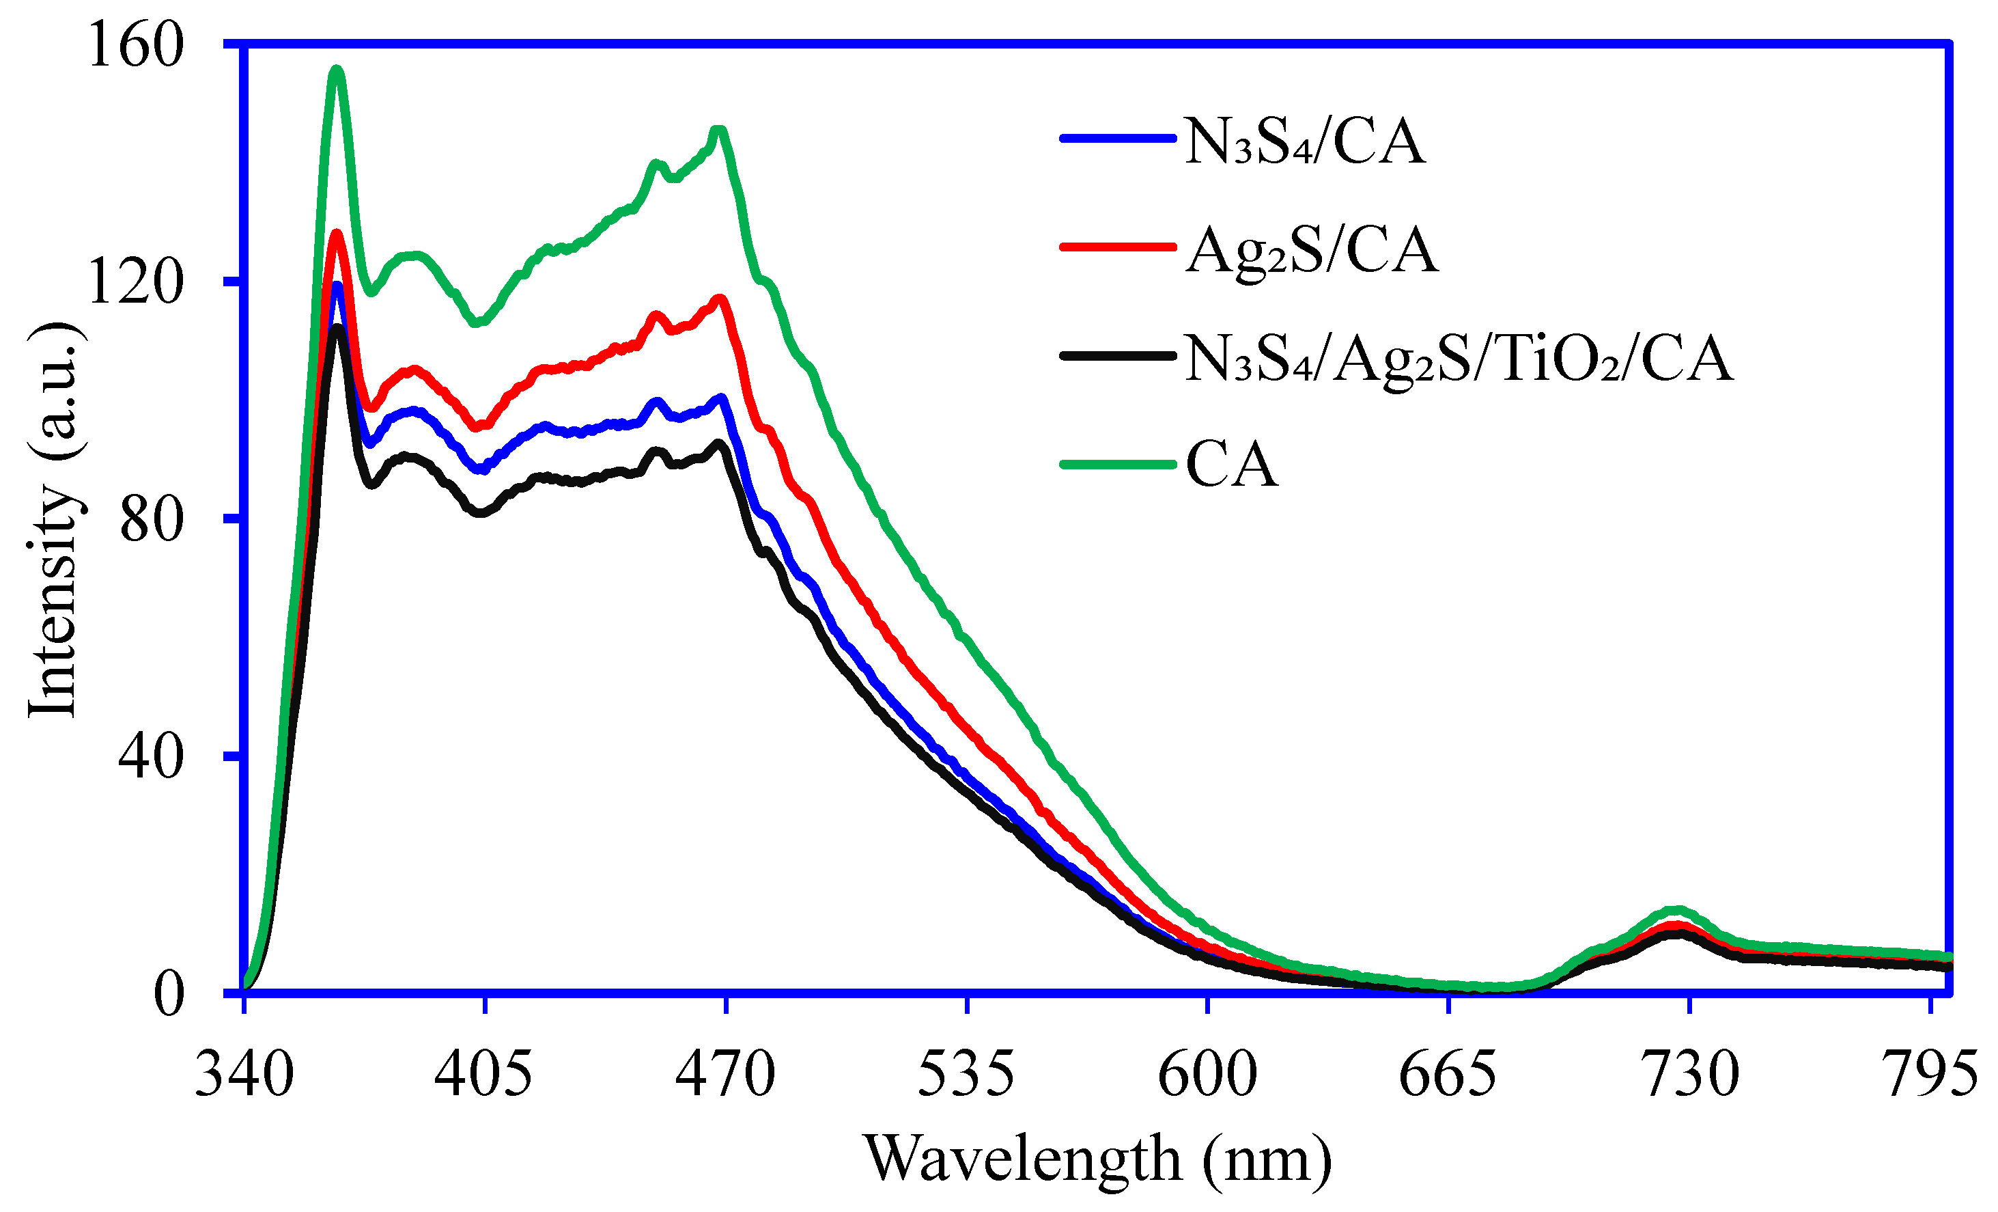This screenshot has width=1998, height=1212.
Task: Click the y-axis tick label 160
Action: click(137, 45)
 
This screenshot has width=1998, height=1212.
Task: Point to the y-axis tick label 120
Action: click(137, 282)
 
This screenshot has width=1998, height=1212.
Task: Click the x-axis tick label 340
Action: click(244, 1075)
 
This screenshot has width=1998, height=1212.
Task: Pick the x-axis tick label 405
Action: click(484, 1075)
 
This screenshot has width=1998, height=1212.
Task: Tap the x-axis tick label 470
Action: click(726, 1075)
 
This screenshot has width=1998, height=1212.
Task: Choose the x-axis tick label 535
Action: click(967, 1075)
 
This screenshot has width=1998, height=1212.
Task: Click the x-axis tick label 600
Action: click(1207, 1075)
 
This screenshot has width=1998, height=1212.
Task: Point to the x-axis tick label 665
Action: click(1448, 1075)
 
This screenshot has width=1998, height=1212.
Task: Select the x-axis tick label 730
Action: click(1690, 1075)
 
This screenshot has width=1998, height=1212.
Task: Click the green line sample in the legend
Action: click(1117, 465)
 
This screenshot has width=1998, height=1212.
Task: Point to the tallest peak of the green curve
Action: click(337, 70)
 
